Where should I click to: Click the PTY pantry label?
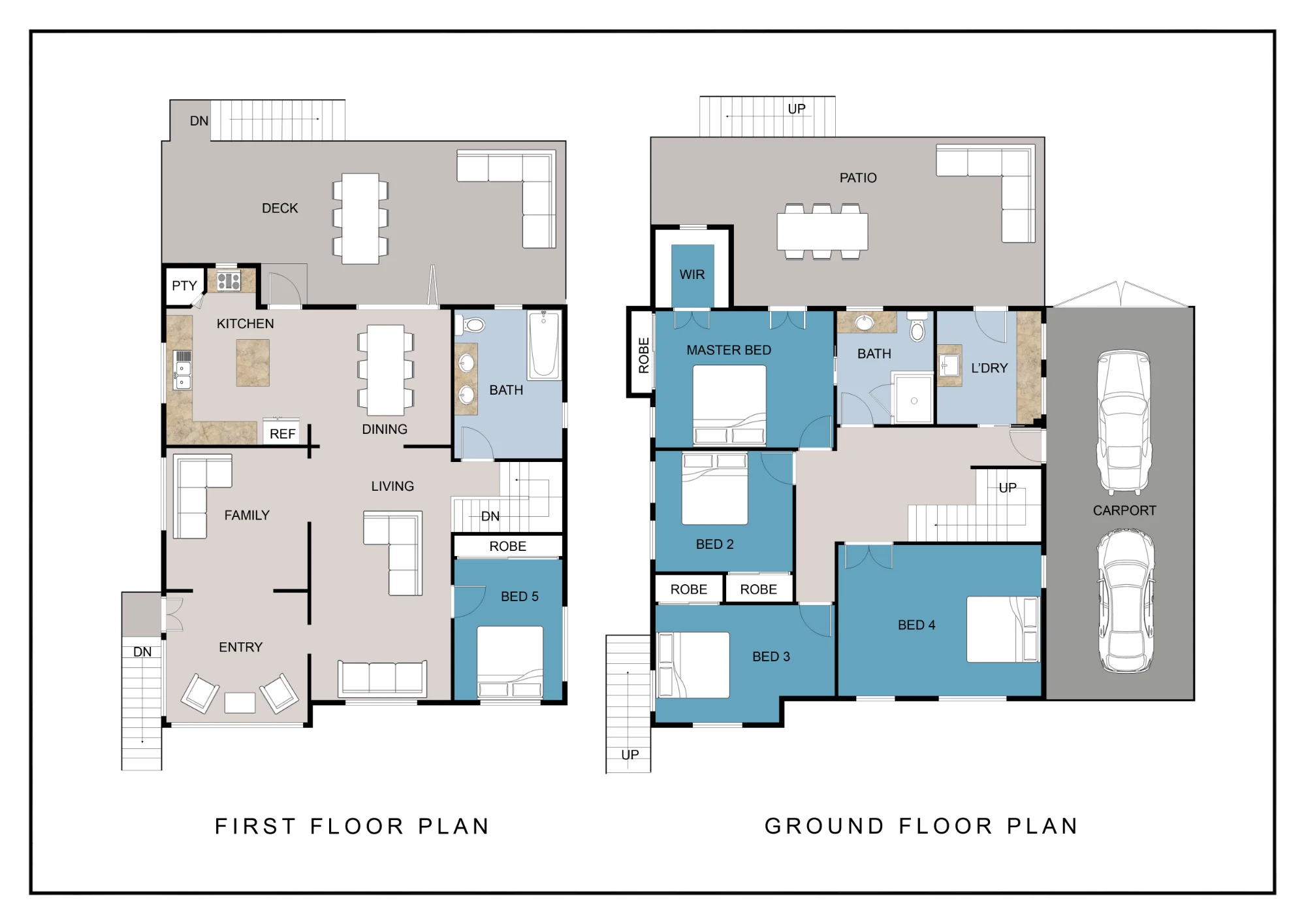[184, 286]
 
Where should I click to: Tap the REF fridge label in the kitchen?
[282, 434]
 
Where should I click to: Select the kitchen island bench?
[253, 363]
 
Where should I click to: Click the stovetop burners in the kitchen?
[229, 282]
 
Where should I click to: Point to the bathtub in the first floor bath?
[544, 344]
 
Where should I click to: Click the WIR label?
[692, 274]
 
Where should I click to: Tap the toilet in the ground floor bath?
[917, 327]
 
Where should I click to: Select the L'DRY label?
[989, 368]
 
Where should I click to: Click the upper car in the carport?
[1124, 422]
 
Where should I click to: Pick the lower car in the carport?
[1126, 601]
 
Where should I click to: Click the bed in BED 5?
[510, 662]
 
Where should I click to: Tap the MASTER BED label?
[729, 350]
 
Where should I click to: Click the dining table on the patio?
[822, 231]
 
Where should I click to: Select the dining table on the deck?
[360, 218]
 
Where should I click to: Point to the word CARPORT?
[1124, 510]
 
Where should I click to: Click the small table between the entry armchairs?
[240, 702]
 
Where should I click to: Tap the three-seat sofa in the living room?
[382, 679]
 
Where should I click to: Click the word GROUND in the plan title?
[825, 826]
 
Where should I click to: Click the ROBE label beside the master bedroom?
[644, 355]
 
